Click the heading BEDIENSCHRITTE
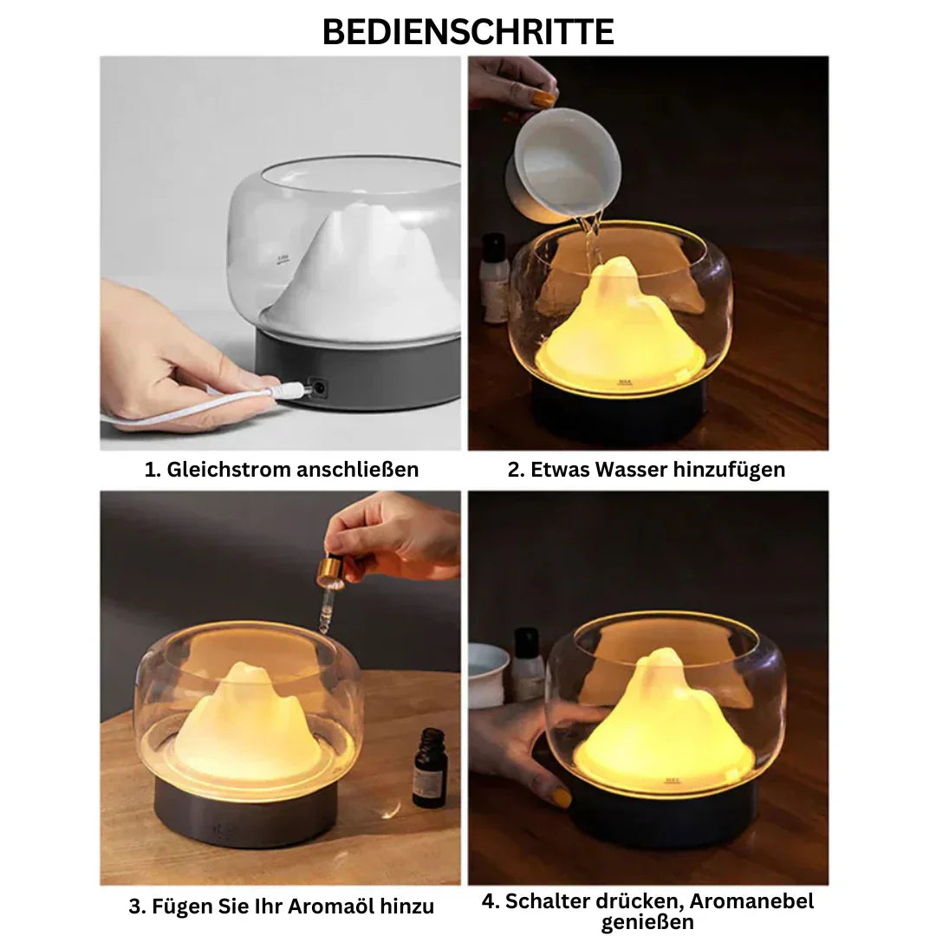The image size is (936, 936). (x=468, y=32)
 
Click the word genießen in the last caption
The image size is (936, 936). (x=647, y=922)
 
